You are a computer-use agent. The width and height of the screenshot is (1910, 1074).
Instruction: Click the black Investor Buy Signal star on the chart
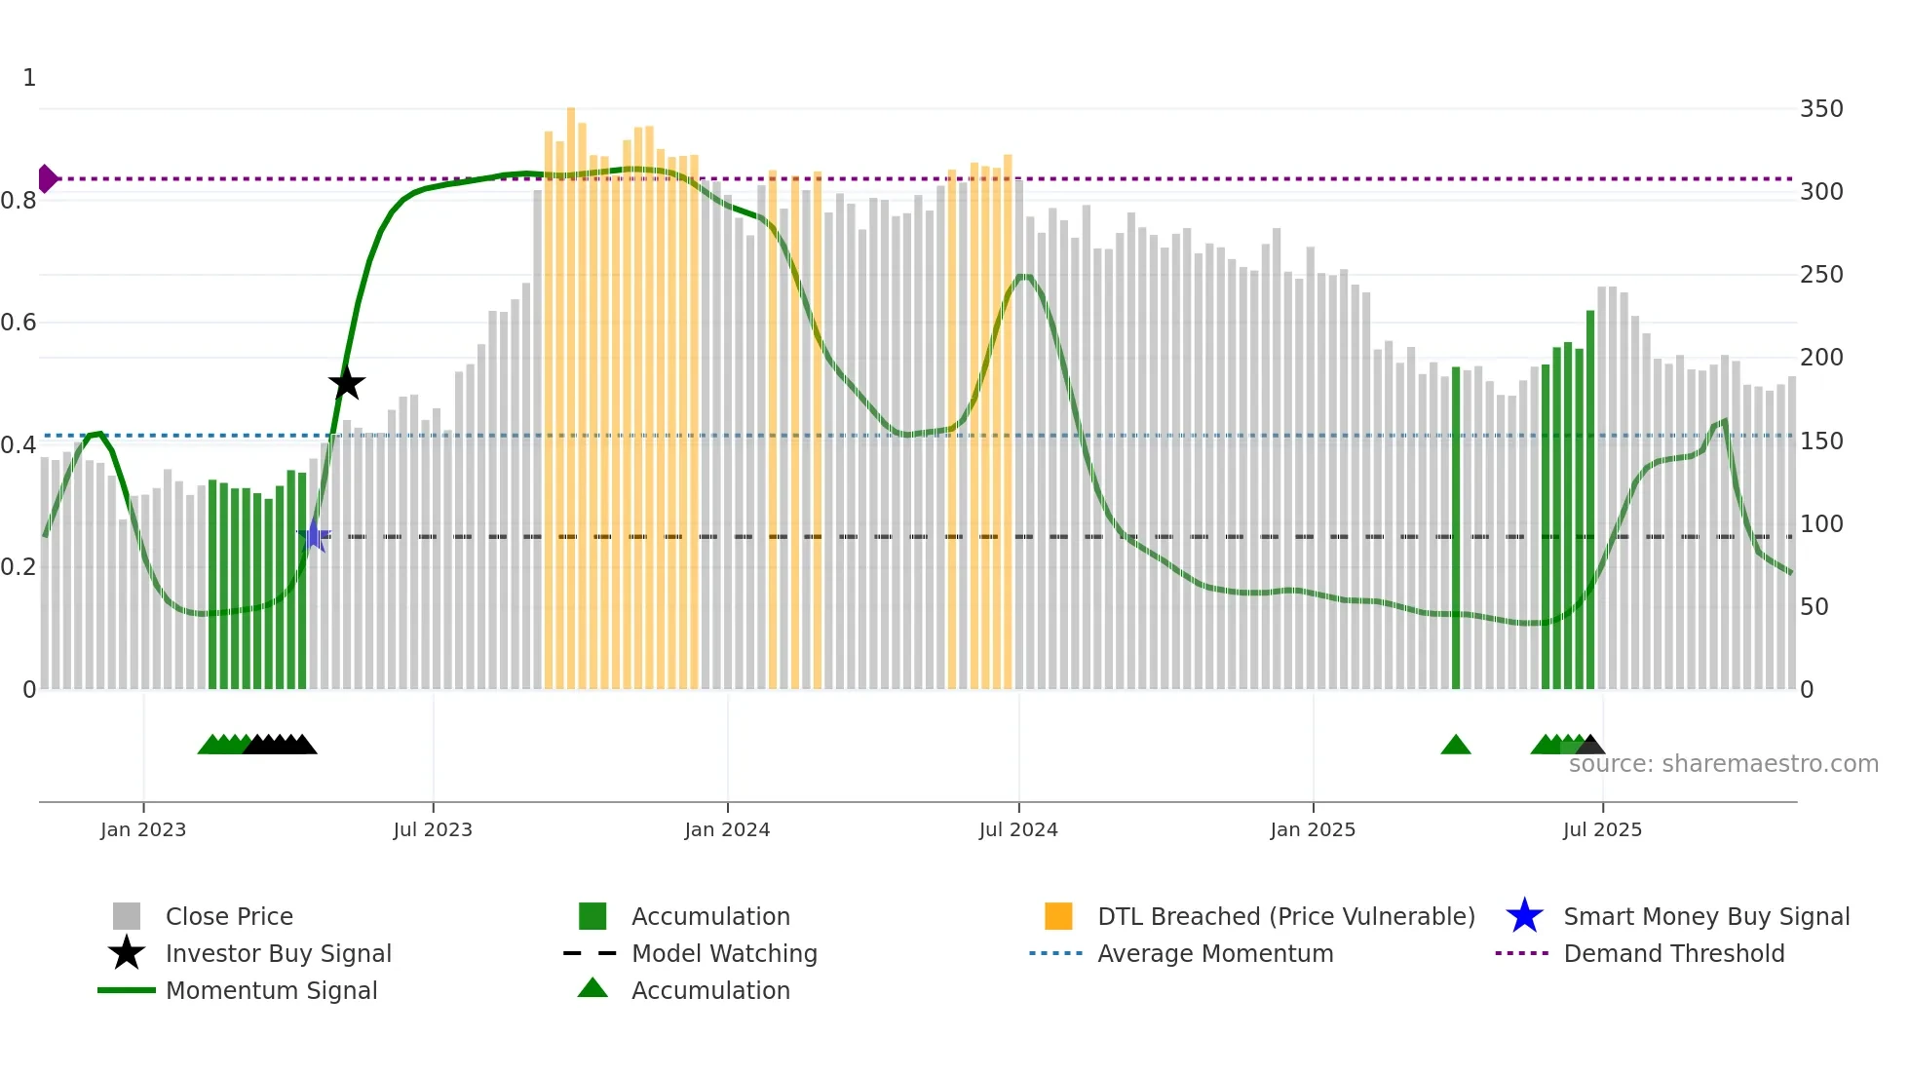click(346, 383)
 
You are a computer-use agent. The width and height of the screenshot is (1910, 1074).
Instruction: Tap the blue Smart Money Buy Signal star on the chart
click(314, 536)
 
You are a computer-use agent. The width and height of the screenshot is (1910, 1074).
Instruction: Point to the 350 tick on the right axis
click(1820, 109)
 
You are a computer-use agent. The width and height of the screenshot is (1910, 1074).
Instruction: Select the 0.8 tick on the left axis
click(19, 201)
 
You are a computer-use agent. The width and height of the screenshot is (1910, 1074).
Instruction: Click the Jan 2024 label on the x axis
click(727, 829)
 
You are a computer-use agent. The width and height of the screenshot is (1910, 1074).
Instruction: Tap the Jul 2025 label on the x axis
click(1602, 829)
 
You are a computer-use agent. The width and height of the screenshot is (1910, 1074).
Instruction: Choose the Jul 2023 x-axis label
click(433, 829)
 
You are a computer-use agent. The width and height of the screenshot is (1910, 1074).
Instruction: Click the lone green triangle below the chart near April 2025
click(1455, 746)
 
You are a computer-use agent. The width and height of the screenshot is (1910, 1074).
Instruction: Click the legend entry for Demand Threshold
click(1673, 953)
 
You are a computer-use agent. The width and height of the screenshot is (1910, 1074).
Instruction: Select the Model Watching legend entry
click(724, 953)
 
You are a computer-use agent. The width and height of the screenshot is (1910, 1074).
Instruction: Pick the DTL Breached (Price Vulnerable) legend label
click(1285, 916)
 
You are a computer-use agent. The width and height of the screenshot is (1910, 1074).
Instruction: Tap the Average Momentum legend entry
click(1214, 953)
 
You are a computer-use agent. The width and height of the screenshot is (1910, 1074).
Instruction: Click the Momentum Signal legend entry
click(271, 990)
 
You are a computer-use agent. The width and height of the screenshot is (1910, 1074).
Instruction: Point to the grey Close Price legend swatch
click(127, 916)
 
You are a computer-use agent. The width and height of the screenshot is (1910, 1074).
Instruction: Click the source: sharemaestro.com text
click(1723, 764)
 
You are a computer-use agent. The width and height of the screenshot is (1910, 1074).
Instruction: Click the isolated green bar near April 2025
click(1456, 526)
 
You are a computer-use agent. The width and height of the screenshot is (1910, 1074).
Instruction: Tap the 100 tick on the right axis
click(1820, 524)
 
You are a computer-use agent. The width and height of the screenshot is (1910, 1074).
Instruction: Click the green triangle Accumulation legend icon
click(592, 988)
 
